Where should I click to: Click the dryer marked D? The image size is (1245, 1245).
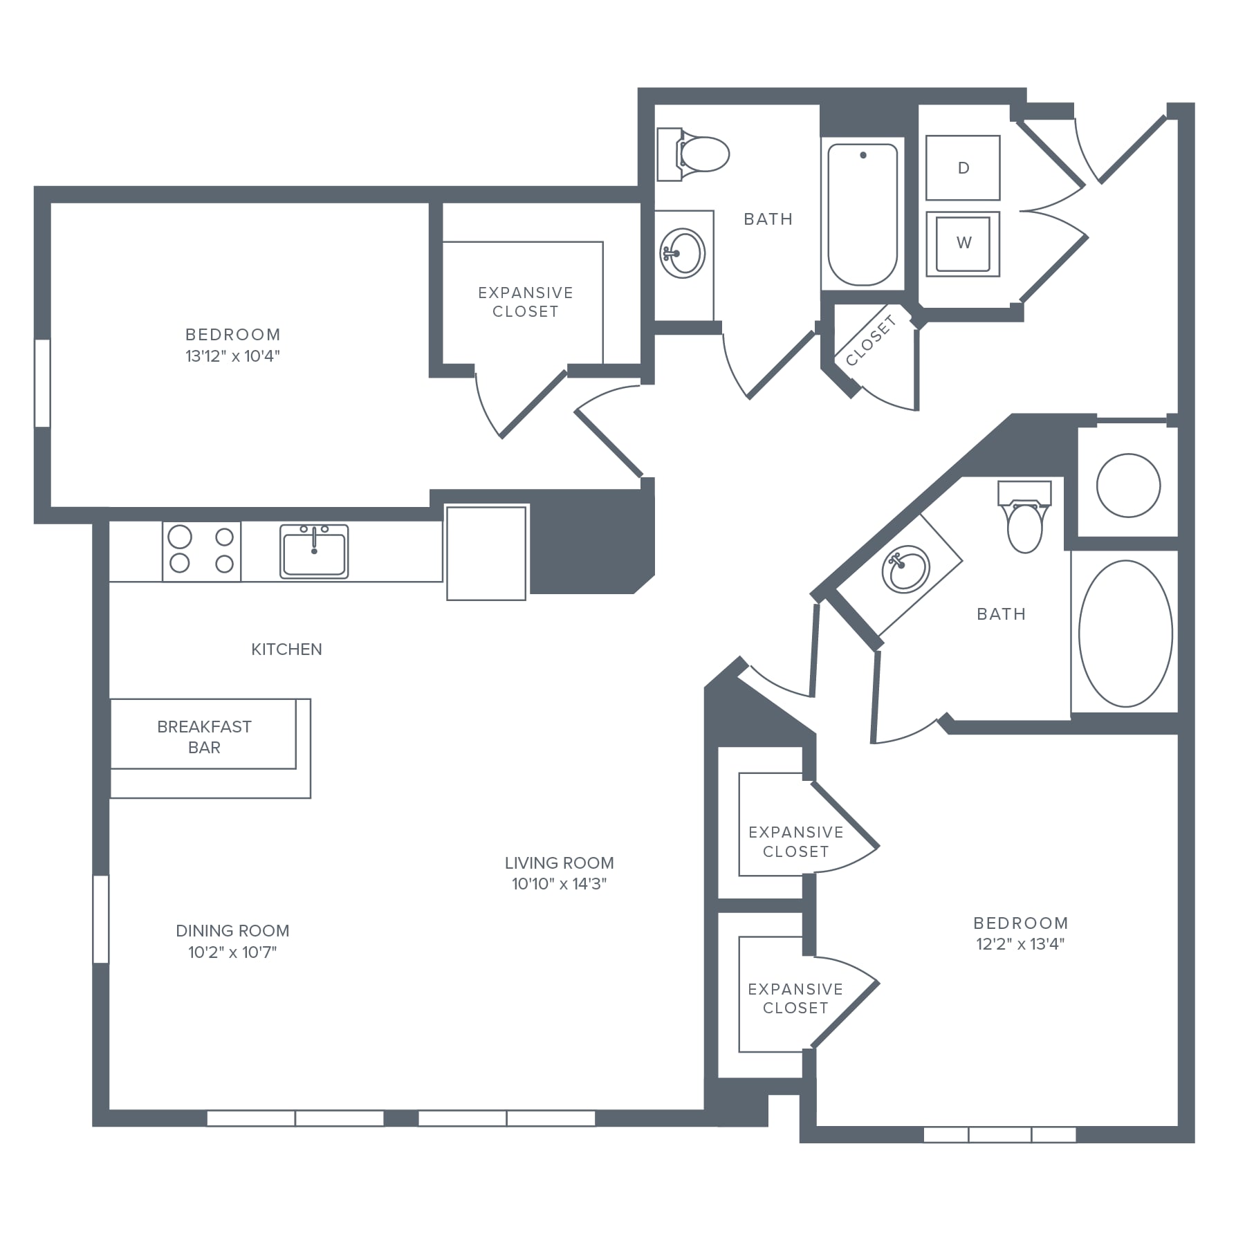[x=963, y=167]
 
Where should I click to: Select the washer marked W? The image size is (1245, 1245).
[x=963, y=243]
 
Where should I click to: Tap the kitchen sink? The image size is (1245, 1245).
[x=314, y=551]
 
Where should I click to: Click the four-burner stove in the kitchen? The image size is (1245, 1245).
[x=202, y=551]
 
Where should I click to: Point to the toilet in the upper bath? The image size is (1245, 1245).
[x=693, y=154]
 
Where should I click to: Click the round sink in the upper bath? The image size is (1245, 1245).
[x=683, y=253]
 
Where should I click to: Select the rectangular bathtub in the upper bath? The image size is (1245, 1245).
[x=863, y=214]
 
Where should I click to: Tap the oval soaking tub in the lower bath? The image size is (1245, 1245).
[x=1125, y=634]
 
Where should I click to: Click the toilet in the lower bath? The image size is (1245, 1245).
[x=1024, y=516]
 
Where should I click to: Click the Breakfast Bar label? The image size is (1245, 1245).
[x=204, y=737]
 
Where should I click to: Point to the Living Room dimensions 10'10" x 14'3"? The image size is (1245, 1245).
[x=559, y=883]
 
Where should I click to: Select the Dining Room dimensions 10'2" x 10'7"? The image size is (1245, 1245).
[x=232, y=952]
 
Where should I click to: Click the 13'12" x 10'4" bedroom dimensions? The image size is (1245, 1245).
[x=232, y=356]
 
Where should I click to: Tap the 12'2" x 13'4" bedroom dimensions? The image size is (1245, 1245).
[x=1020, y=943]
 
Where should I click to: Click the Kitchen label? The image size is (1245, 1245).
[x=286, y=649]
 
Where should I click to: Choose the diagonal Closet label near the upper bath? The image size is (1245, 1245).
[x=871, y=340]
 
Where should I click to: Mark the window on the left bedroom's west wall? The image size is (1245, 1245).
[x=42, y=382]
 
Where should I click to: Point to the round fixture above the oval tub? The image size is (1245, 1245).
[x=1128, y=485]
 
